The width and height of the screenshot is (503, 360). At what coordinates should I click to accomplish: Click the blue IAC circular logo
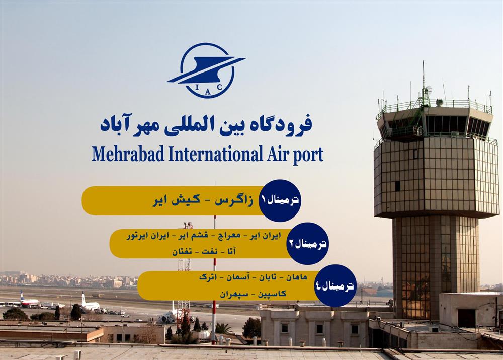point(207,70)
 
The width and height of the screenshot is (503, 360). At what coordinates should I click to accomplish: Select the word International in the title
point(216,154)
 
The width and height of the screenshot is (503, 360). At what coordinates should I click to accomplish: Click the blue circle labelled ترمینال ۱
point(280,201)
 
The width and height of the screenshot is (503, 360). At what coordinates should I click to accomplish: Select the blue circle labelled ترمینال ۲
point(307,243)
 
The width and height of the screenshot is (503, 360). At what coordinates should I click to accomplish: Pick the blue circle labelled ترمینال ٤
point(335,285)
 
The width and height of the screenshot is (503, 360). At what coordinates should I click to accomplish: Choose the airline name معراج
point(229,236)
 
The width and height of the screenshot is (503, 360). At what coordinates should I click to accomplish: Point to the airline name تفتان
point(182,251)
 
